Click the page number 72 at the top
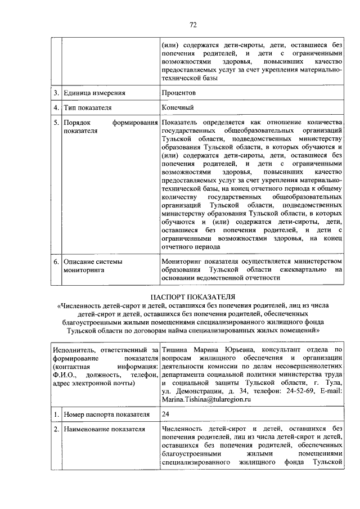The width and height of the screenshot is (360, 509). pyautogui.click(x=192, y=24)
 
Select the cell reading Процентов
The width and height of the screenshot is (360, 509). pyautogui.click(x=178, y=92)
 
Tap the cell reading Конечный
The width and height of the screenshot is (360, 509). pyautogui.click(x=177, y=107)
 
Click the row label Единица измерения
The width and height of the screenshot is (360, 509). pyautogui.click(x=94, y=92)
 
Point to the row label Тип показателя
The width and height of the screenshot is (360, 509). pyautogui.click(x=87, y=107)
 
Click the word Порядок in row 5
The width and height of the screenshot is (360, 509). pyautogui.click(x=76, y=122)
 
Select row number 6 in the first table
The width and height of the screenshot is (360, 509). pyautogui.click(x=56, y=262)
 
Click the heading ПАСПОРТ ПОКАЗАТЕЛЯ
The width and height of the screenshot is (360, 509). pyautogui.click(x=192, y=296)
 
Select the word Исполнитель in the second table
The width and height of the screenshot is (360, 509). pyautogui.click(x=73, y=350)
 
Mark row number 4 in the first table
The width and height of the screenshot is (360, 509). pyautogui.click(x=56, y=107)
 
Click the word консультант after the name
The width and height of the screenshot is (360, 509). pyautogui.click(x=284, y=350)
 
